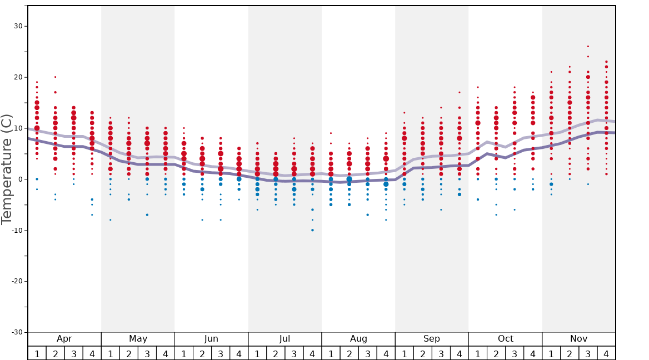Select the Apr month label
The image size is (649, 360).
(64, 339)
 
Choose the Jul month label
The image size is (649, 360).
(285, 339)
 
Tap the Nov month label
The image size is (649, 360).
(579, 339)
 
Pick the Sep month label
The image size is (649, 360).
(432, 339)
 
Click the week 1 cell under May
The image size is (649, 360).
(111, 353)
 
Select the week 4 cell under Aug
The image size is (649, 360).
(386, 353)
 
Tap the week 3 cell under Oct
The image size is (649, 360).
(515, 353)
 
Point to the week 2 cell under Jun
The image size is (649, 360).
(202, 353)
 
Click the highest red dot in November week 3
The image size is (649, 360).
(588, 47)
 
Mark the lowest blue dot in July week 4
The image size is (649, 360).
(312, 230)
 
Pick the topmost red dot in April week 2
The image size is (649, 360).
(56, 77)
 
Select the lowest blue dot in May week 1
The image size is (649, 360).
(111, 220)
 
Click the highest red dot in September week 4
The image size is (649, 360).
(460, 92)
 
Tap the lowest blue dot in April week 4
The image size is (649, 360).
(92, 214)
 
